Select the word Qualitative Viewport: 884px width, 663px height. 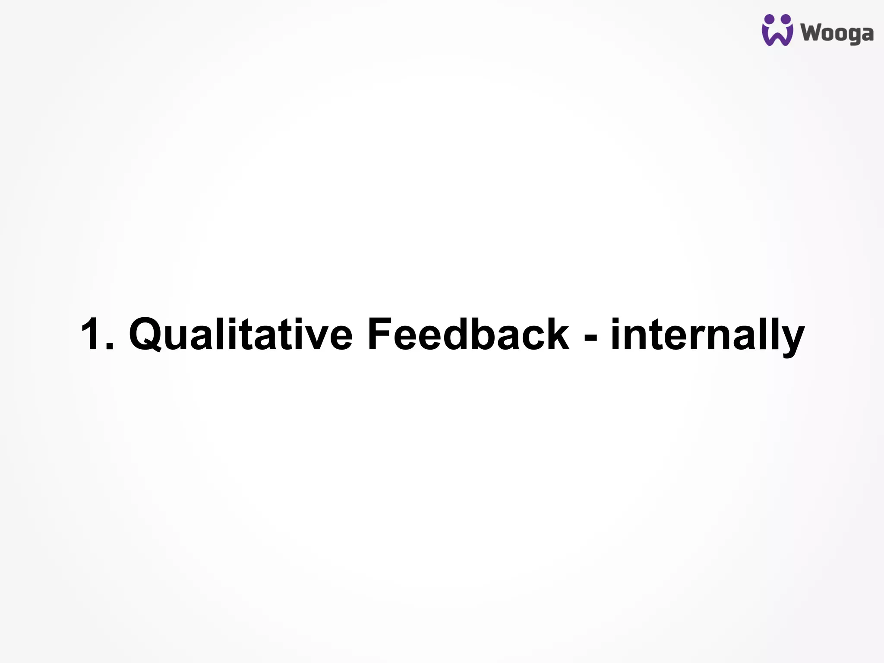240,335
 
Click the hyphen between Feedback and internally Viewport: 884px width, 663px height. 590,337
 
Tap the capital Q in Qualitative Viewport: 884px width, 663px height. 145,335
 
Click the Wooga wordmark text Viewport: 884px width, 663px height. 837,34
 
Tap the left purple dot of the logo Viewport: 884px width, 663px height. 769,19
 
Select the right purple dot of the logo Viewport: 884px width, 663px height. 786,19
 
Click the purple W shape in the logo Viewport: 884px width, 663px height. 777,37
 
